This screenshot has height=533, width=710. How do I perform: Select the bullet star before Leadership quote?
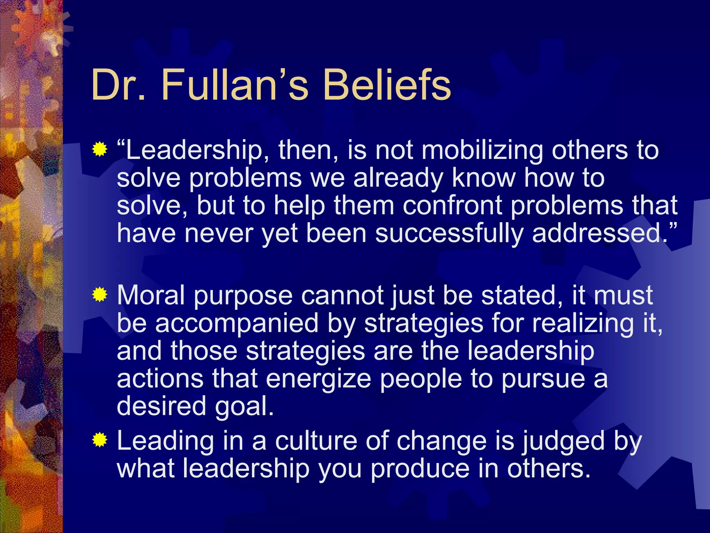99,150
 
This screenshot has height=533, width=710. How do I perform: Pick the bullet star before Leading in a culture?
99,440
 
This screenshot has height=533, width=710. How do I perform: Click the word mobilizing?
482,151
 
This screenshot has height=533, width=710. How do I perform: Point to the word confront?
452,205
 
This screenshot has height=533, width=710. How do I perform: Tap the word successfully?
449,234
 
